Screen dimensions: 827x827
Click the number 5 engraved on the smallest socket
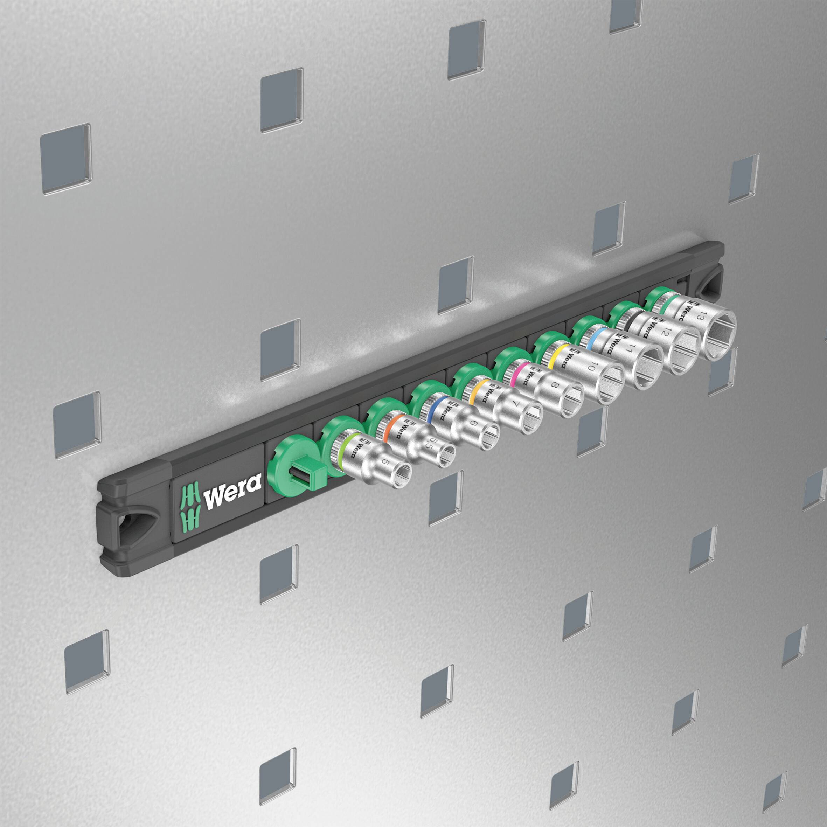pos(385,463)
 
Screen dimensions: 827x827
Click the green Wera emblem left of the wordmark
pos(189,506)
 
